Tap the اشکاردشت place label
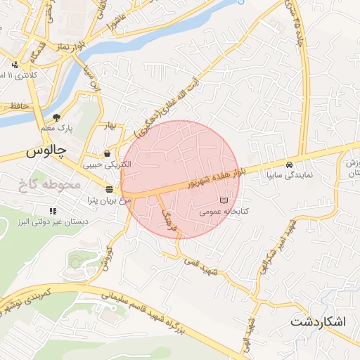pyautogui.click(x=319, y=322)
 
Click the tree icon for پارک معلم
pyautogui.click(x=56, y=117)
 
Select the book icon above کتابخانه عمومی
pyautogui.click(x=224, y=200)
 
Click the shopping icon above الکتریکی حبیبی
pyautogui.click(x=107, y=154)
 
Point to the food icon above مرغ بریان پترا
pyautogui.click(x=110, y=189)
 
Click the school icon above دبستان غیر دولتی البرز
pyautogui.click(x=52, y=211)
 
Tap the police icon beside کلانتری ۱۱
pyautogui.click(x=13, y=75)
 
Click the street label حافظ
pyautogui.click(x=19, y=106)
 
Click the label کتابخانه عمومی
pyautogui.click(x=225, y=210)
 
